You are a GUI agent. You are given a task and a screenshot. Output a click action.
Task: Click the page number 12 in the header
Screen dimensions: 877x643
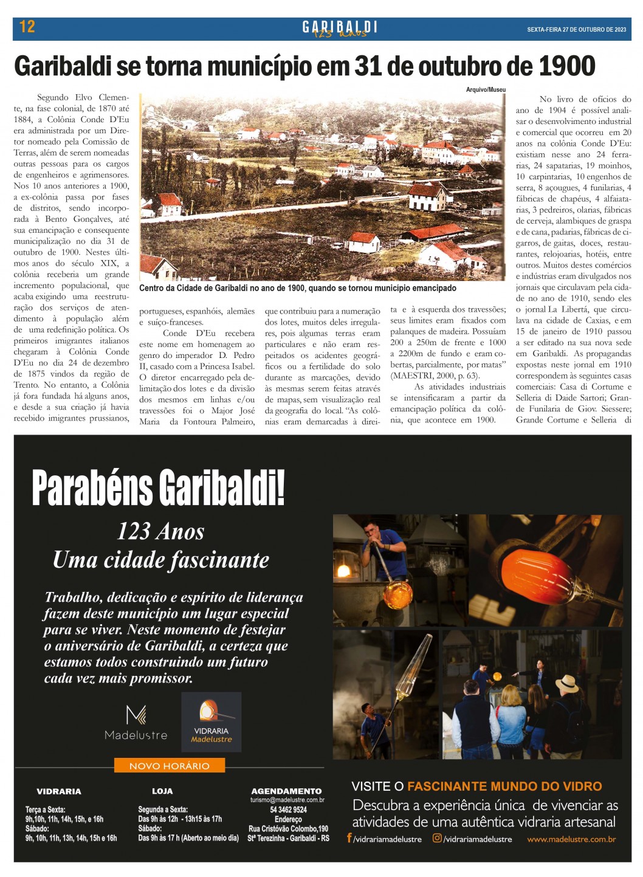click(x=27, y=27)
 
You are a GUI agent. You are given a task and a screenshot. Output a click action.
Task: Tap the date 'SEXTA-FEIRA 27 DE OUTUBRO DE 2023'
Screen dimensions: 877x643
click(x=576, y=29)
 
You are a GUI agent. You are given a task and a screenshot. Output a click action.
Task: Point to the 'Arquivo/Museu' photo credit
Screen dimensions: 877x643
click(x=486, y=90)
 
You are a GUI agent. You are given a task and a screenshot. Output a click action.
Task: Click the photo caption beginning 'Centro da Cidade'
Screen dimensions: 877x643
click(x=298, y=288)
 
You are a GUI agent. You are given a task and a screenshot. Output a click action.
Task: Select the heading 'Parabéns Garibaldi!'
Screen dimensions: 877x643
click(x=158, y=488)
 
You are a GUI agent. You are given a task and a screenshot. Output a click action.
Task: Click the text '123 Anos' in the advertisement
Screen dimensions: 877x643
click(x=160, y=532)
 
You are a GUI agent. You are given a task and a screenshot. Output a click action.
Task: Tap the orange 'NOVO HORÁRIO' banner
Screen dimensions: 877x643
click(x=169, y=766)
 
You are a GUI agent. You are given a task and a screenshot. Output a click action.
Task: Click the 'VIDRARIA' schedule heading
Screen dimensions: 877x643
click(x=59, y=791)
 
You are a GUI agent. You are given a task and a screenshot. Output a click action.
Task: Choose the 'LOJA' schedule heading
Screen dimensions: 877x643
click(x=162, y=791)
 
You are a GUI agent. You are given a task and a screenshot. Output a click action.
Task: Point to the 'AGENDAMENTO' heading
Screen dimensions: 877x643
click(x=286, y=791)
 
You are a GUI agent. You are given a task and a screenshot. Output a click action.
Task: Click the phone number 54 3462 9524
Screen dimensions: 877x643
click(x=288, y=810)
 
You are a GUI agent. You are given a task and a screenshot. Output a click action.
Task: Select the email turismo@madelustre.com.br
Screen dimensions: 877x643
click(x=287, y=800)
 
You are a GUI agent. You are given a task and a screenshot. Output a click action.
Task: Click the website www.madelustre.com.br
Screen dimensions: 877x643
click(x=571, y=839)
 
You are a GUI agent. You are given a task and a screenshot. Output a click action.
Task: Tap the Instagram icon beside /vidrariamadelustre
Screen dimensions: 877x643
click(x=436, y=838)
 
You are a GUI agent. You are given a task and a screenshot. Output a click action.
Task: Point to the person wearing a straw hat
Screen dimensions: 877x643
click(x=568, y=684)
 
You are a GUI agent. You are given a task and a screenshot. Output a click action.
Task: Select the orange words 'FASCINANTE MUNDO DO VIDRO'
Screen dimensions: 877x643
click(x=504, y=786)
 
